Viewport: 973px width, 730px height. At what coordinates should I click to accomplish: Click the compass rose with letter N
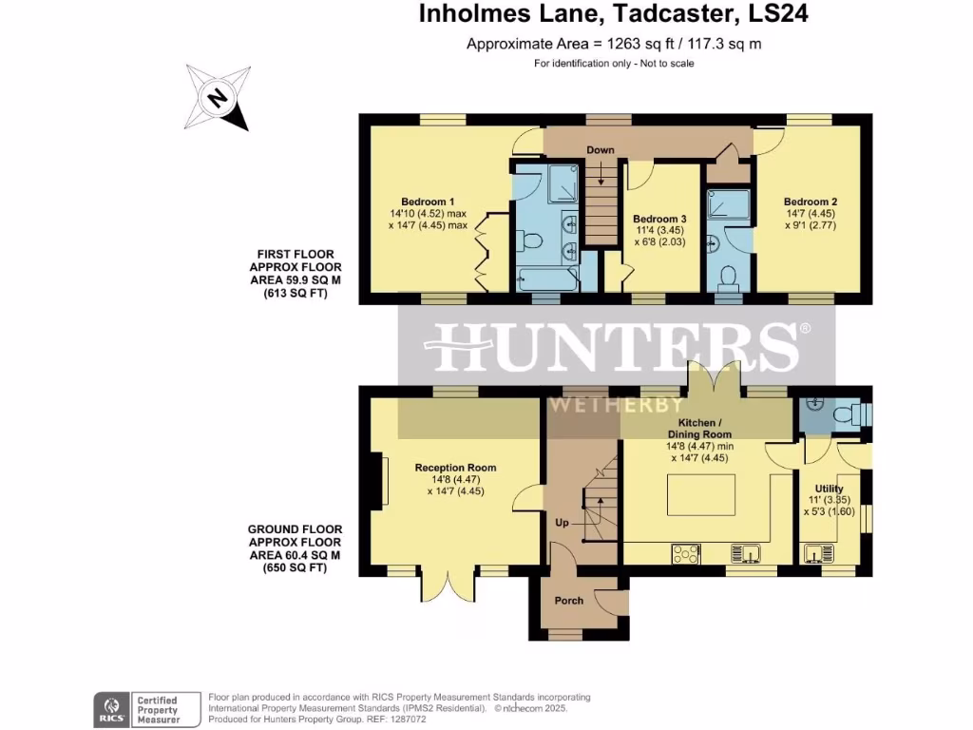(x=217, y=97)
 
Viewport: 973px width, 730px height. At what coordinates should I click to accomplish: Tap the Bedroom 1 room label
(x=428, y=202)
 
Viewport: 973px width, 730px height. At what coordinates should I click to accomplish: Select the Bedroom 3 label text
(x=659, y=219)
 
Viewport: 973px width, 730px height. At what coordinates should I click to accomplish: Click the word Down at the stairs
(x=600, y=150)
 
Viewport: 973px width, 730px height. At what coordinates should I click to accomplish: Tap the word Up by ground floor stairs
(x=563, y=523)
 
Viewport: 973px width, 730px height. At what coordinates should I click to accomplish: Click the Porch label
(x=568, y=601)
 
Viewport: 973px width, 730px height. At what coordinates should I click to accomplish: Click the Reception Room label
(x=455, y=468)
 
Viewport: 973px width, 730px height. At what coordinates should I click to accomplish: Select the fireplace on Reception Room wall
(x=385, y=478)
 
